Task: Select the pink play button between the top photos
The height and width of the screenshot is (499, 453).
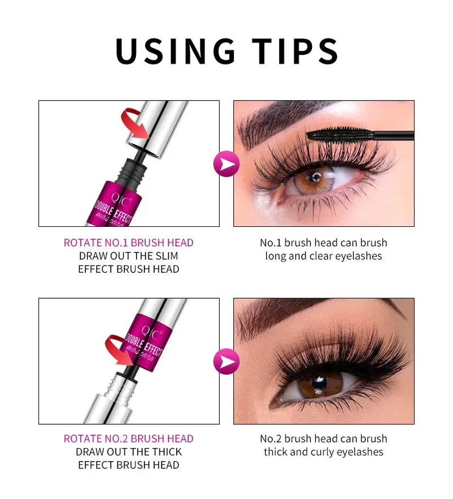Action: click(x=226, y=164)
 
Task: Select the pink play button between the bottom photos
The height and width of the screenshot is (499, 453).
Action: click(x=226, y=361)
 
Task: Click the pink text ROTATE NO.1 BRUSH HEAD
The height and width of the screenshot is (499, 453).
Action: click(x=129, y=243)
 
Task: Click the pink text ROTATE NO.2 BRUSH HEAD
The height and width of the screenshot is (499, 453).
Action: click(x=129, y=438)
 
